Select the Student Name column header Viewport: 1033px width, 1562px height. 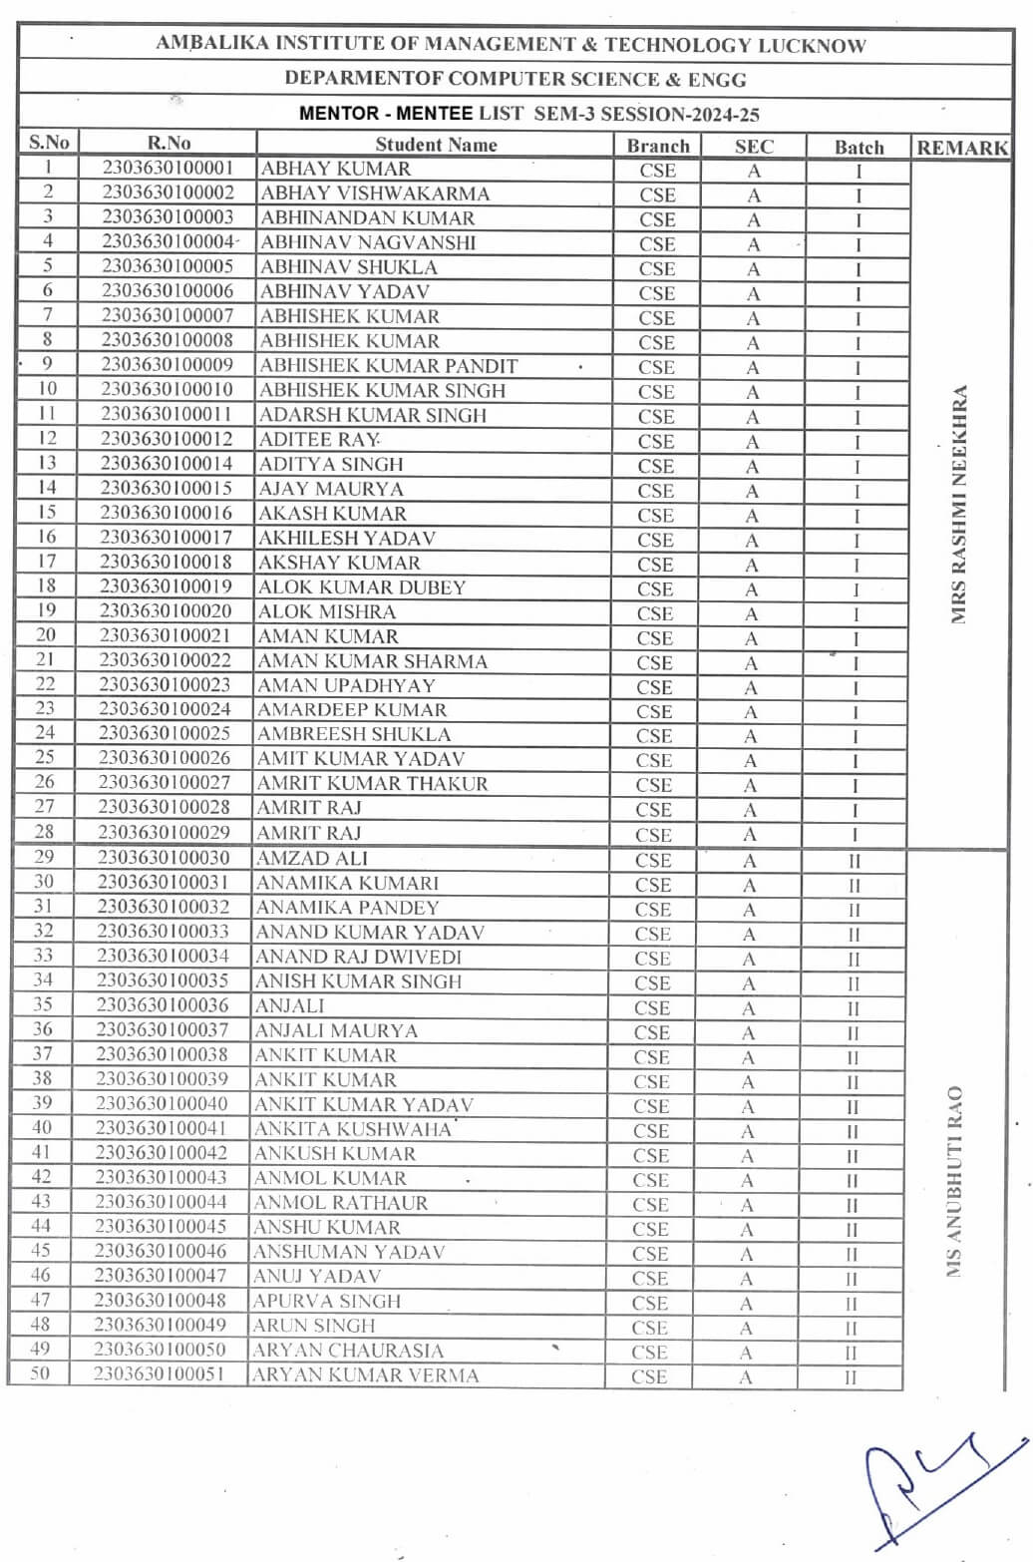point(436,145)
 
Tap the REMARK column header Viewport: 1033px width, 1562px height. point(962,148)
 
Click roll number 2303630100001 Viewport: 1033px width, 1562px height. point(167,169)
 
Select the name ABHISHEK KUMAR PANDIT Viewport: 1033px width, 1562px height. point(389,366)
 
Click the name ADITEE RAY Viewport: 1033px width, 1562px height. point(318,440)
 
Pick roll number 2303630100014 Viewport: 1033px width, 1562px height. point(167,464)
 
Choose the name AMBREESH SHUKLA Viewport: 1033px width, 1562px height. point(354,734)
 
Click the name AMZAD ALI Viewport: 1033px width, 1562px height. point(312,858)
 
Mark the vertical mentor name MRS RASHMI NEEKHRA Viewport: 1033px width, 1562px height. point(959,505)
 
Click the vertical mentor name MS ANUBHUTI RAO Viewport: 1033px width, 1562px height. point(954,1181)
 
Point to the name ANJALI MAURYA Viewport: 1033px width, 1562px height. point(336,1030)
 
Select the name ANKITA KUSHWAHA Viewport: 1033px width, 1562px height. point(352,1129)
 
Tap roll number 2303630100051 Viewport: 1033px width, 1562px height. point(160,1373)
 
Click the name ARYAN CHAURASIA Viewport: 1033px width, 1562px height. point(347,1351)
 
